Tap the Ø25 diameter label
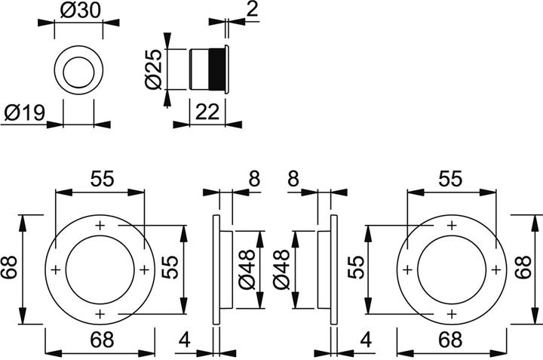coord(153,71)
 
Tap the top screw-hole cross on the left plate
coord(100,225)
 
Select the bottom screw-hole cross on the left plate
coord(100,314)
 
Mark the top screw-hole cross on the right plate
coord(451,225)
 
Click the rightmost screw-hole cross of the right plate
coord(495,269)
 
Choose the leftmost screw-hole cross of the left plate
coord(55,269)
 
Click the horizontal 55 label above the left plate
coord(102,179)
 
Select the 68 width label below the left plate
coord(99,339)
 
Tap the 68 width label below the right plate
coord(452,339)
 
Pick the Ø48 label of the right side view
coord(281,269)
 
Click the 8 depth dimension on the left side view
coord(253,179)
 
